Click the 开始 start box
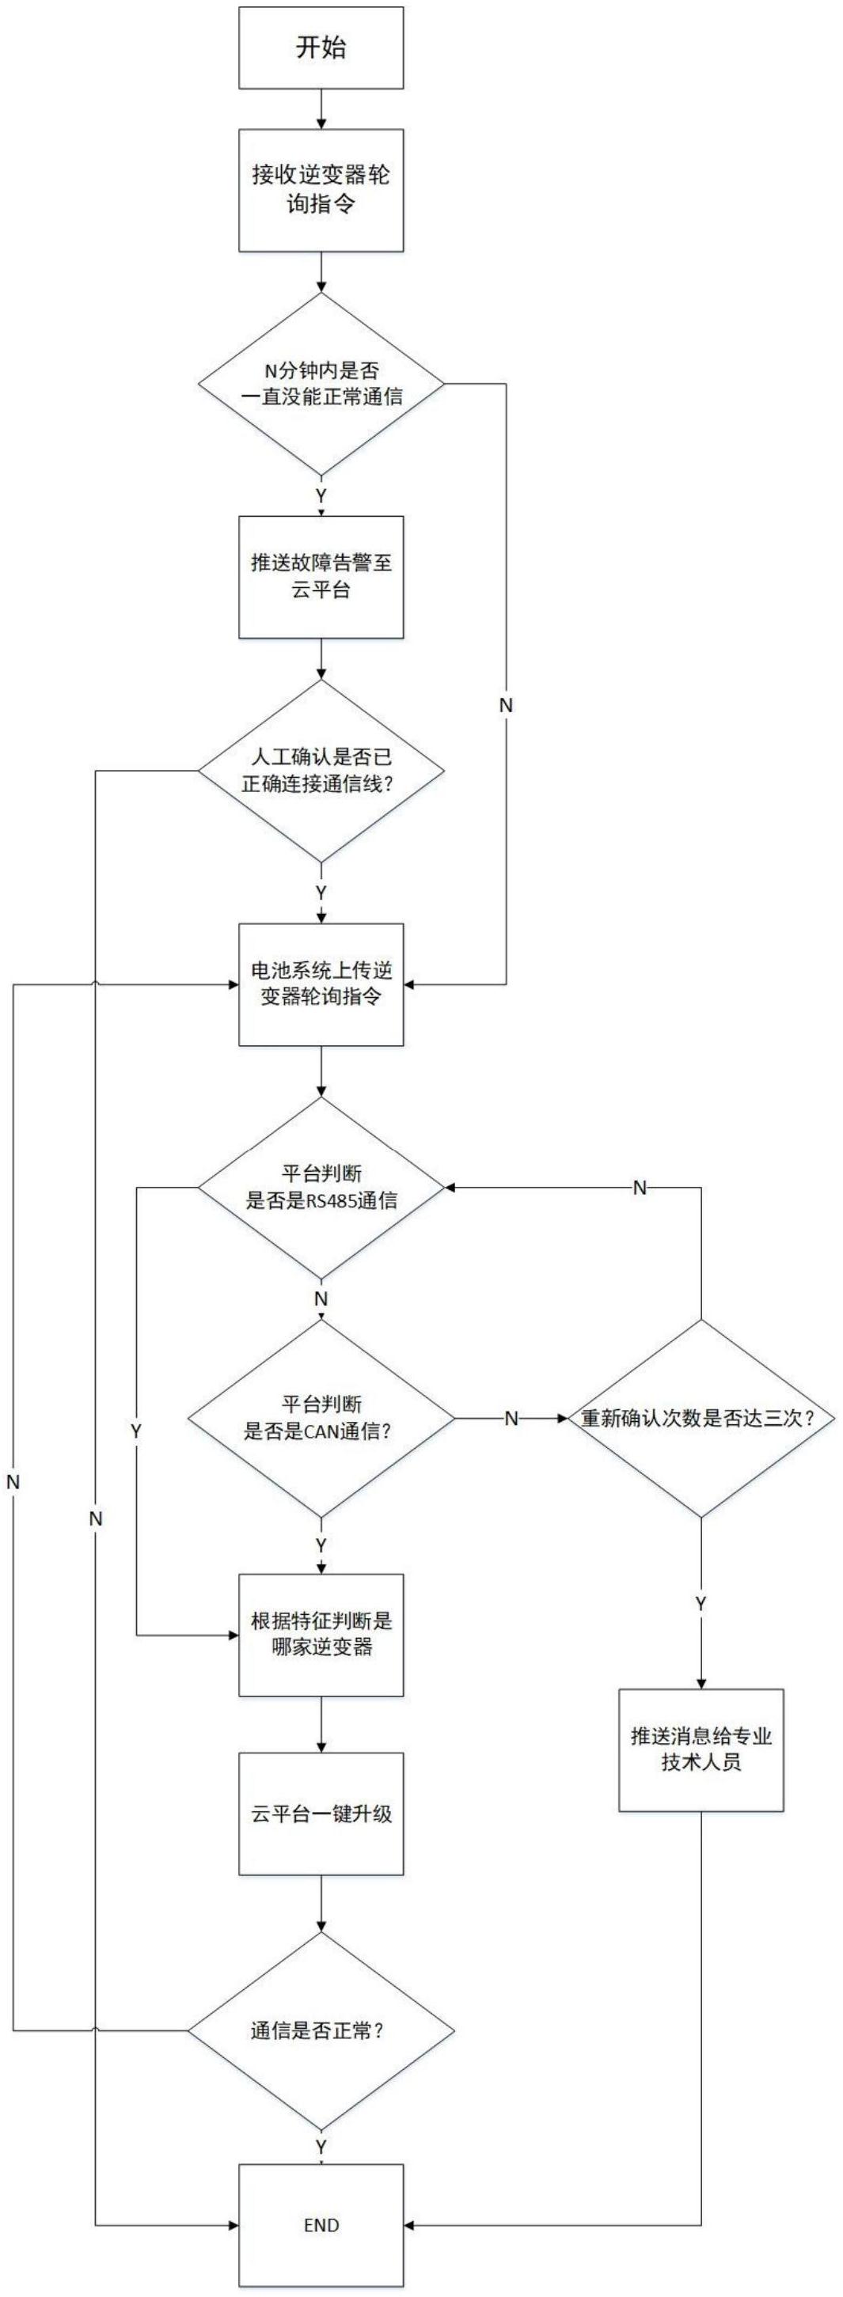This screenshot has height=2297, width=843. tap(321, 48)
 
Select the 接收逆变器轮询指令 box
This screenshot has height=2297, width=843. tap(321, 190)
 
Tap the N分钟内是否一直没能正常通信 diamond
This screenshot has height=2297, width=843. tap(321, 385)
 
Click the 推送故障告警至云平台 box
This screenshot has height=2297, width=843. tap(321, 577)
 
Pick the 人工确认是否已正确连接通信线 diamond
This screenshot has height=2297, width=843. tap(321, 771)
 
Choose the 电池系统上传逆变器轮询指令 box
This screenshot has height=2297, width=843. tap(321, 984)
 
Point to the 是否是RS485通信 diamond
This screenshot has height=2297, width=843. tap(321, 1188)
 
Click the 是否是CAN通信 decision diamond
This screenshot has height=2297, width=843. tap(321, 1418)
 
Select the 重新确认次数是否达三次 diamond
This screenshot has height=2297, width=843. tap(701, 1418)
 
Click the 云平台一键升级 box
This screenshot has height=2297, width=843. tap(321, 1814)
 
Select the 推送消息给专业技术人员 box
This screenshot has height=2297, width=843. tap(701, 1749)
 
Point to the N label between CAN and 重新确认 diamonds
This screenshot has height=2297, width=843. tap(511, 1419)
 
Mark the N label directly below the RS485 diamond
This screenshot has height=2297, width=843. tap(321, 1298)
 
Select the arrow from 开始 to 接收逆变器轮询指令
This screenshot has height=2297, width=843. tap(321, 108)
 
